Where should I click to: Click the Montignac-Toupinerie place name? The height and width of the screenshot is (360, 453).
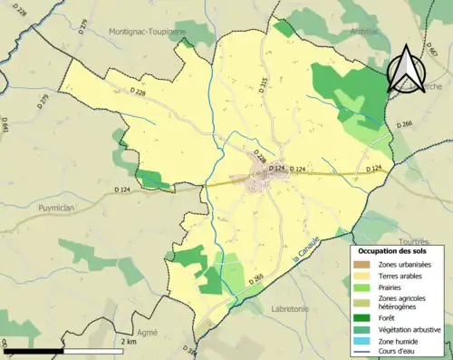147,30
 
